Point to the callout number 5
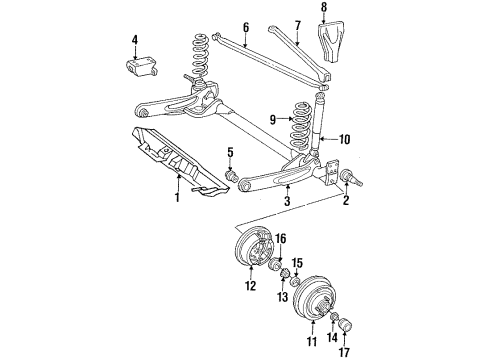[x=230, y=153]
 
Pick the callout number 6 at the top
[x=245, y=27]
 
